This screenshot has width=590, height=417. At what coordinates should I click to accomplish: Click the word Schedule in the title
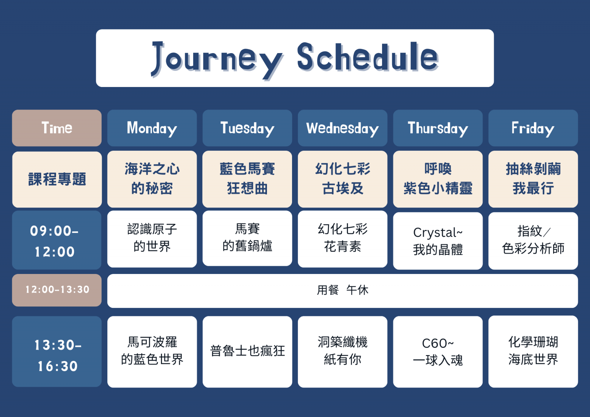pos(368,57)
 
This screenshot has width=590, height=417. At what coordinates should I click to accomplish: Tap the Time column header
pos(57,128)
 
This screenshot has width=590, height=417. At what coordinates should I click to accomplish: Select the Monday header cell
pos(152,128)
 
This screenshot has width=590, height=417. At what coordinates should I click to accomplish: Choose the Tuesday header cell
pos(247,128)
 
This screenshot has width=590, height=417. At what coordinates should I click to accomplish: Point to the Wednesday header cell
pos(343,128)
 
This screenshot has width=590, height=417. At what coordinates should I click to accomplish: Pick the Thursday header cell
pos(438,128)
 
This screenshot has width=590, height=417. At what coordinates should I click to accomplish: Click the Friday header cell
pos(533,128)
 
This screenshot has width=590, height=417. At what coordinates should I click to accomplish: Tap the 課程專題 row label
pos(57,180)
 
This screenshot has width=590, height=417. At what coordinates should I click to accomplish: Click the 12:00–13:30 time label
pos(57,290)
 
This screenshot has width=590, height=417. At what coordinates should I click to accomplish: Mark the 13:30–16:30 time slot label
pos(57,351)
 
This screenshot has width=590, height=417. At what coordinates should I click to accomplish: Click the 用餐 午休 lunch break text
pos(343,290)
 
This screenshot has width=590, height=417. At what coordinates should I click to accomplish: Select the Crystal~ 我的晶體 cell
pos(438,241)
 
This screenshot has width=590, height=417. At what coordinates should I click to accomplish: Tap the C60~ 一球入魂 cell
pos(438,352)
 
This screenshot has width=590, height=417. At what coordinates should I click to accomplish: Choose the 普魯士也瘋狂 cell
pos(247,352)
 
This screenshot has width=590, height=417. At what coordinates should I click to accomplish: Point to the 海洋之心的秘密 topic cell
pos(152,179)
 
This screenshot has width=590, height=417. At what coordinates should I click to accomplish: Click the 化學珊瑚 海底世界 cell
pos(533,351)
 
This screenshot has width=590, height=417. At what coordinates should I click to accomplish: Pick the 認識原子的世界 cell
pos(152,239)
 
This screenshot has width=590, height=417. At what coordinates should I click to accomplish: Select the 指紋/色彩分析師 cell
pos(533,241)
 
